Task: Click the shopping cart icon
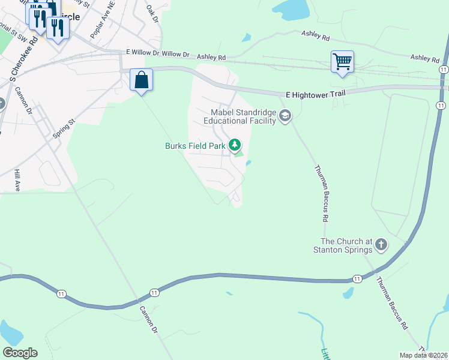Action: (342, 61)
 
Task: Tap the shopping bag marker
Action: (141, 80)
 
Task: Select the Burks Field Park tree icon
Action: (235, 145)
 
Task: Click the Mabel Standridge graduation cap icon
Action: (285, 116)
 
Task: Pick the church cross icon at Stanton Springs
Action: (381, 244)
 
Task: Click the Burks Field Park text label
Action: (195, 145)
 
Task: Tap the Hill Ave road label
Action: (17, 180)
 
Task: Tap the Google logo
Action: (20, 353)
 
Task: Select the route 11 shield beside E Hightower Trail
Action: (441, 106)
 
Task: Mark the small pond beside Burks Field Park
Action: (249, 162)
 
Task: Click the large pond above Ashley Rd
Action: (291, 8)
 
